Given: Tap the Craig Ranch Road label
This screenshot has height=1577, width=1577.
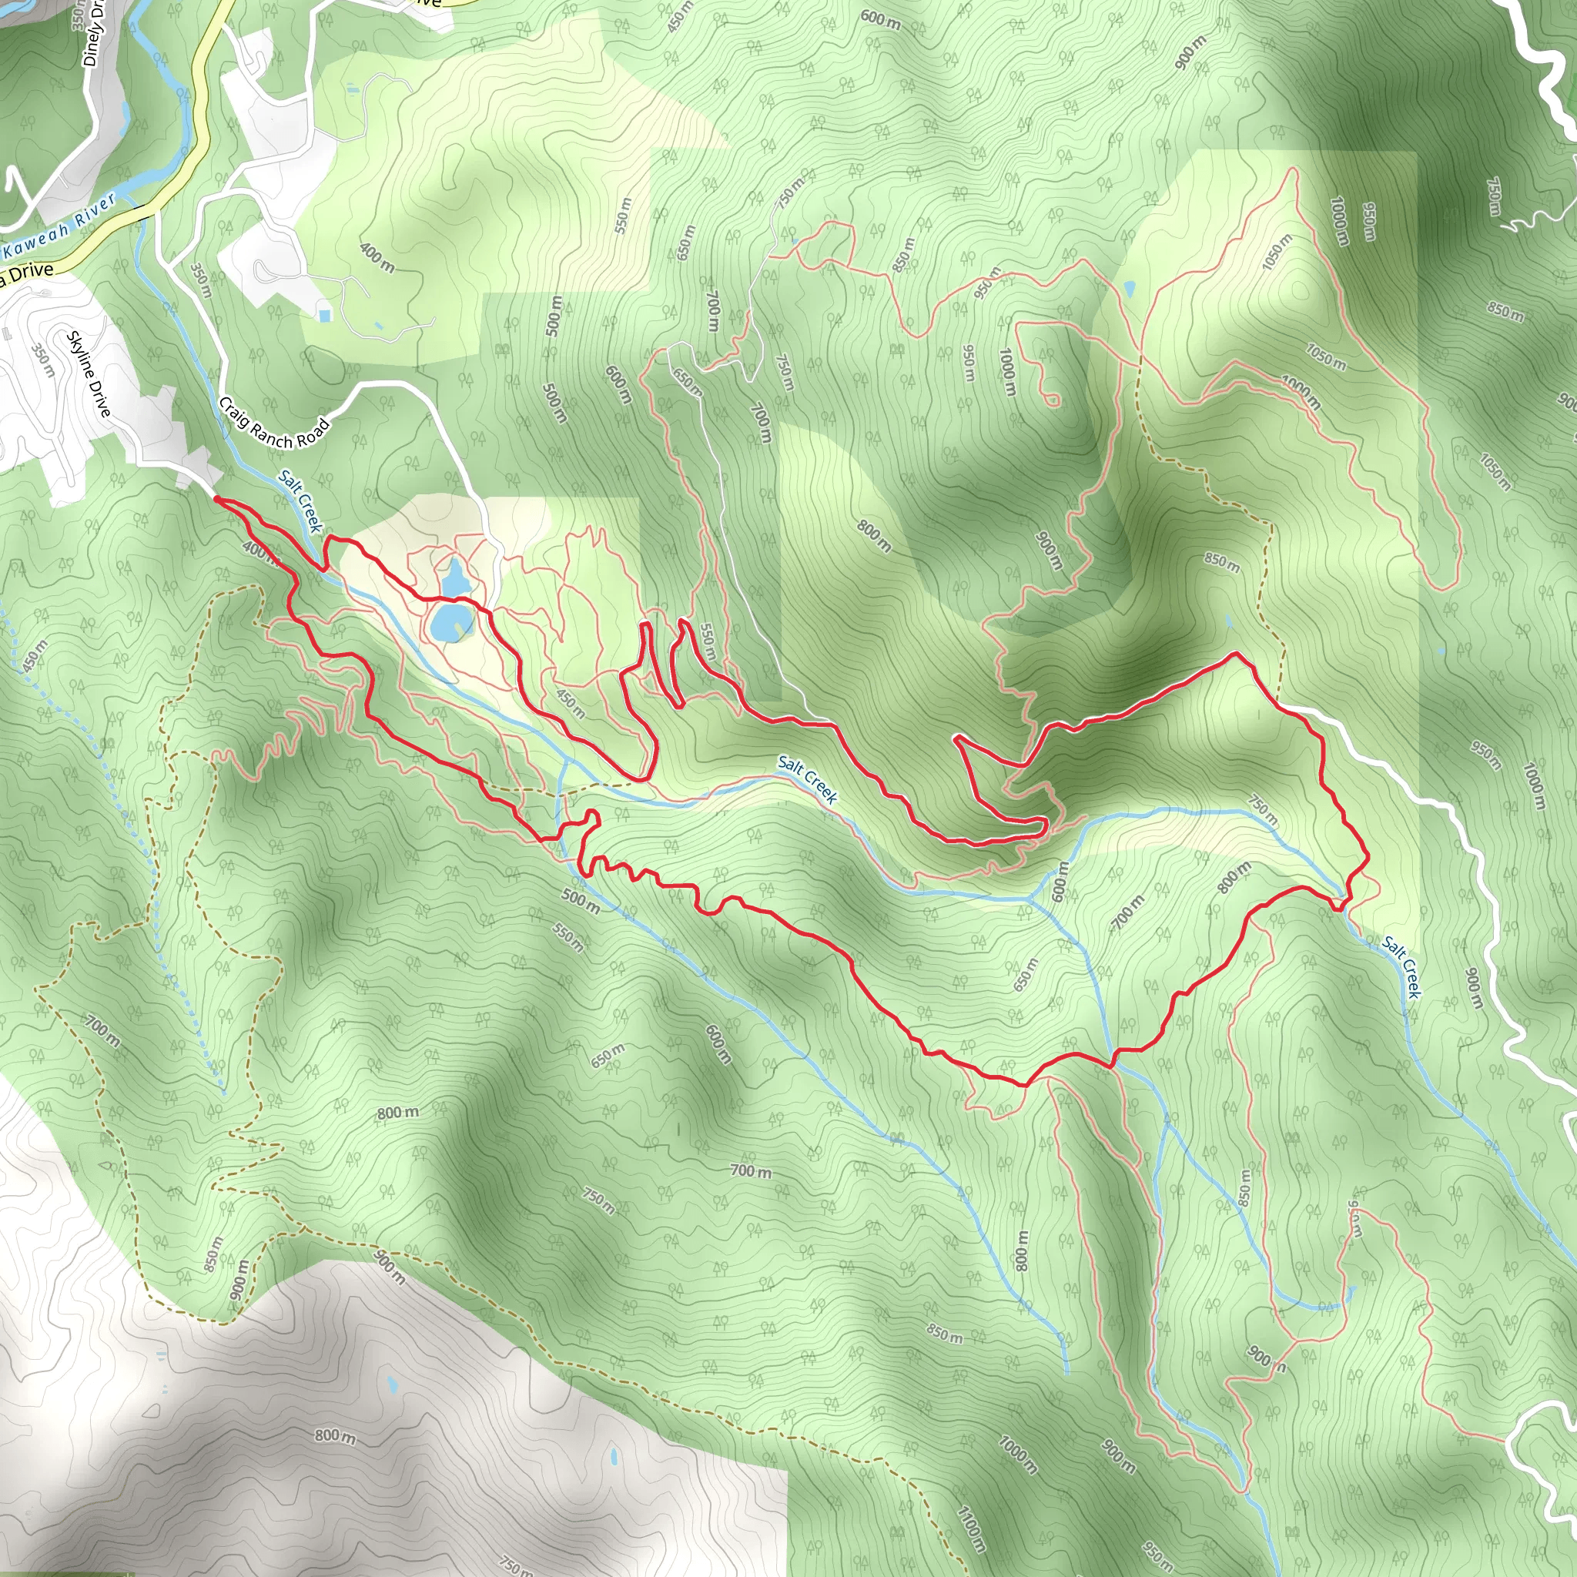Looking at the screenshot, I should click(274, 423).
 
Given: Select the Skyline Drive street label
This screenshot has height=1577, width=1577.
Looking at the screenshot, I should click(89, 373).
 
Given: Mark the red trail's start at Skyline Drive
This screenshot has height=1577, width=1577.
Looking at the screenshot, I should click(216, 497).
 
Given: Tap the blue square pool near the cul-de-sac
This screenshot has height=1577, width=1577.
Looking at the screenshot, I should click(326, 315).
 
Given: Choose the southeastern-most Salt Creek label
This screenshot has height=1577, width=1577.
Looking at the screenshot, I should click(1401, 968).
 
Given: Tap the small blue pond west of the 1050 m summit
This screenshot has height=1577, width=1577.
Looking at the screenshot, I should click(1129, 288).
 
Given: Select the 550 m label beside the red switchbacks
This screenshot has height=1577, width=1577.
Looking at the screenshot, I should click(708, 642).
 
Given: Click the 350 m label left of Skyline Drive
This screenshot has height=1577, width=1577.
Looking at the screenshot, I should click(42, 360).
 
